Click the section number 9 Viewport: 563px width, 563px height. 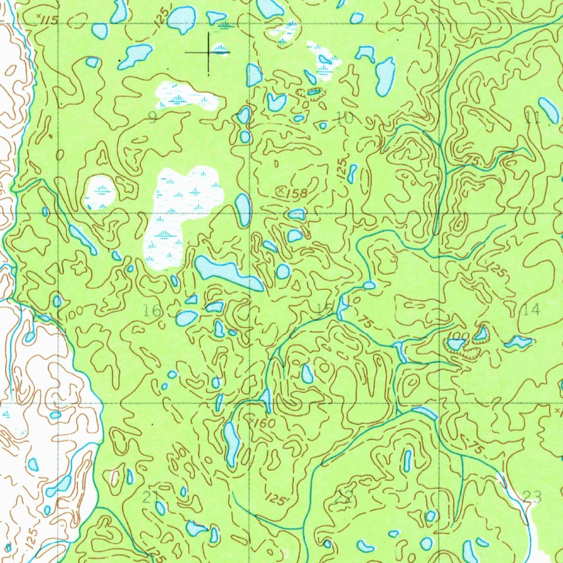[153, 117]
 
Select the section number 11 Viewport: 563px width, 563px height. [531, 116]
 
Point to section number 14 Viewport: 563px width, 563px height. [531, 310]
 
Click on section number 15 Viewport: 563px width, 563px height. [325, 310]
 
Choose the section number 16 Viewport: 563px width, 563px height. [152, 311]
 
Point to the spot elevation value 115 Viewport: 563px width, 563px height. [49, 20]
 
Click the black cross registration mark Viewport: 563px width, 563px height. [208, 52]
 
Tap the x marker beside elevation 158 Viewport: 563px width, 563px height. [281, 191]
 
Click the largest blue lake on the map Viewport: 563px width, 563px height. [228, 272]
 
